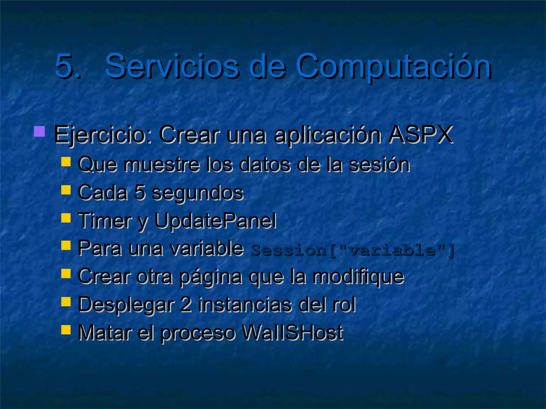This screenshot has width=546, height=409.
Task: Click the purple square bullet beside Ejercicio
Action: [39, 132]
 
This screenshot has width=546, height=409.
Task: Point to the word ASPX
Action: [420, 134]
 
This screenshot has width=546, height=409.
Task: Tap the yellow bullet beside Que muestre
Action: [66, 162]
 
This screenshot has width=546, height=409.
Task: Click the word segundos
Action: [197, 193]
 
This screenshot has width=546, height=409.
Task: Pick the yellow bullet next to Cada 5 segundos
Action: [66, 190]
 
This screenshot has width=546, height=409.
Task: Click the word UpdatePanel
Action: [215, 221]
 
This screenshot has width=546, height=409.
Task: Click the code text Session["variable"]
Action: [352, 250]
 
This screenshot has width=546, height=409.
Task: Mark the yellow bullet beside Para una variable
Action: [66, 245]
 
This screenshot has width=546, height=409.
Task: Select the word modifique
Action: [358, 277]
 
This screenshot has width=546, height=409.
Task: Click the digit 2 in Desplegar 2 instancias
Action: [186, 305]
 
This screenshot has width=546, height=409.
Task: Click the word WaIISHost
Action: [292, 333]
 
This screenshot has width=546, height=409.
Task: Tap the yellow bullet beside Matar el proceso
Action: [66, 329]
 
